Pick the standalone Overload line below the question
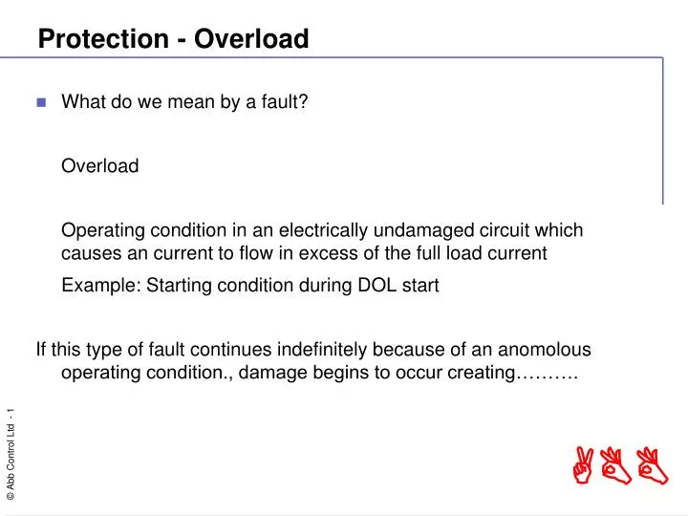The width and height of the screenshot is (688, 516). [99, 166]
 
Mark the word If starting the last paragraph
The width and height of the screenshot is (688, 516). [41, 350]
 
